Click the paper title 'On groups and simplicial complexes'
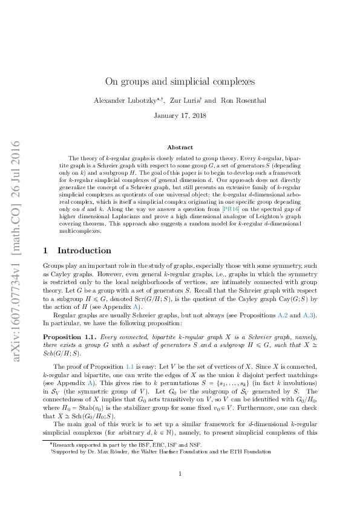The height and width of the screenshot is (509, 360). (x=180, y=81)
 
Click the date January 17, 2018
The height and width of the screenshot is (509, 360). (x=180, y=115)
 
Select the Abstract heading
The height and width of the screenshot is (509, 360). (x=180, y=147)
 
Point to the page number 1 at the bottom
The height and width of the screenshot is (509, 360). (x=180, y=473)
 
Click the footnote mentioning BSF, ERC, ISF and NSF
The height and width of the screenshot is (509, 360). (x=125, y=443)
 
